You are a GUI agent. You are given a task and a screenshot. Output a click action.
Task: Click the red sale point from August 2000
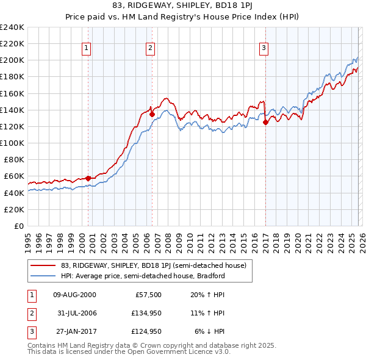pos(88,178)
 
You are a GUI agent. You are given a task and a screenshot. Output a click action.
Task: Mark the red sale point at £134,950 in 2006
pos(151,114)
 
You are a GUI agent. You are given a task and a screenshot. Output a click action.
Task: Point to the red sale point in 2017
pos(265,122)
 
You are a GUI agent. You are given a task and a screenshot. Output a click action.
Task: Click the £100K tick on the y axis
pos(12,143)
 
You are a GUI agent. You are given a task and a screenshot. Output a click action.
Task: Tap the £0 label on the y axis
pos(18,226)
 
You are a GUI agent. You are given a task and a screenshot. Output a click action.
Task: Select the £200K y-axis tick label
pos(12,60)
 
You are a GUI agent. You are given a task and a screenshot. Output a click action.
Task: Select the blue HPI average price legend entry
pos(143,276)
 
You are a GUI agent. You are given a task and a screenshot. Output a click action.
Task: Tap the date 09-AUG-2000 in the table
pos(74,295)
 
